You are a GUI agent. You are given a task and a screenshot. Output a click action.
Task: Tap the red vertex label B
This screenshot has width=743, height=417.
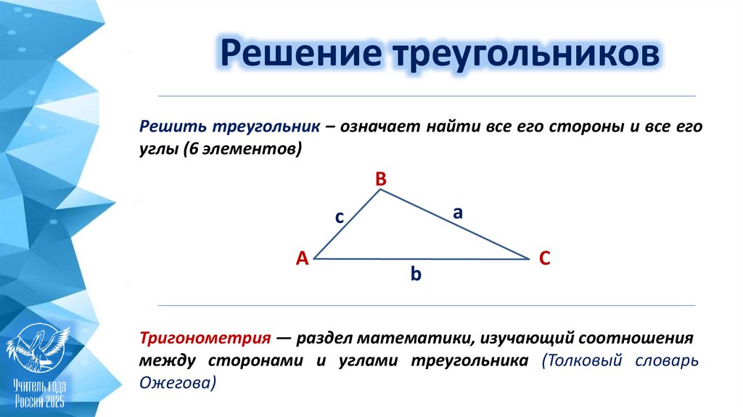[x=381, y=179]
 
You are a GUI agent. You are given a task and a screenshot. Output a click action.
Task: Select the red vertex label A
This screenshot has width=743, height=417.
[x=302, y=258]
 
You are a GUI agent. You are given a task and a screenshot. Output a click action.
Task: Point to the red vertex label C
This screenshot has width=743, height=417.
[x=545, y=258]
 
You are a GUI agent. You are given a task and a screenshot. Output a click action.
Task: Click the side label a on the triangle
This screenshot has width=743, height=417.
[x=458, y=212]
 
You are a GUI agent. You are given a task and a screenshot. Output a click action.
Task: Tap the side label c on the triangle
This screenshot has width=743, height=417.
[x=339, y=216]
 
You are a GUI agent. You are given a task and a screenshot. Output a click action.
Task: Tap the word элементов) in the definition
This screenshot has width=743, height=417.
[x=250, y=149]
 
